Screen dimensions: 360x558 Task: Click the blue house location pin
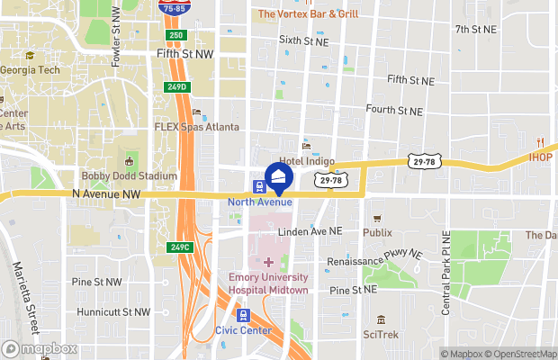(279, 176)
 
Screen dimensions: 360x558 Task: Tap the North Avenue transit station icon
(259, 187)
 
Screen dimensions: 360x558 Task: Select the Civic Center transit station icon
(243, 315)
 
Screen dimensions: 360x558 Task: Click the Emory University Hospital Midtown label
(268, 284)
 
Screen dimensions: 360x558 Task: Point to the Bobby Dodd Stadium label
(129, 176)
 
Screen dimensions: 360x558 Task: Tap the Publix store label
(378, 232)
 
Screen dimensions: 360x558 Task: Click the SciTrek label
(382, 334)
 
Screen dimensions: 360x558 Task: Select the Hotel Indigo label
(307, 161)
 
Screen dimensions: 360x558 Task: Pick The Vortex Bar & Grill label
(309, 13)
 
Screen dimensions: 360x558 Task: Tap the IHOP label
(541, 157)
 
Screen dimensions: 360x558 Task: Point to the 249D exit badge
(176, 86)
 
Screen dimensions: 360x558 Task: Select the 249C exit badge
(179, 247)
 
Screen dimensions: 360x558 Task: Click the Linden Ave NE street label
(310, 231)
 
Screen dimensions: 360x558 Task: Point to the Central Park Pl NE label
(445, 282)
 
